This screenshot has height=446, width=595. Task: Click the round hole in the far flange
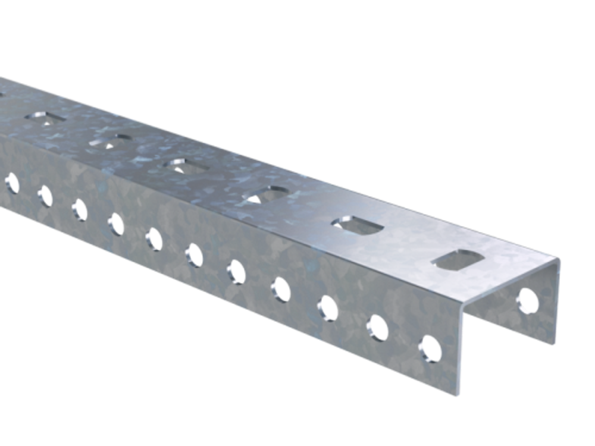(x=528, y=301)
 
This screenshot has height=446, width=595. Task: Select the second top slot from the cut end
(x=353, y=225)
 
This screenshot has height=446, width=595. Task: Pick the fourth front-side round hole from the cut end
(x=280, y=289)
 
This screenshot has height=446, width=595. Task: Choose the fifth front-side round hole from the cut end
(x=236, y=272)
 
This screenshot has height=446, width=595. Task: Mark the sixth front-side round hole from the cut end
(x=194, y=255)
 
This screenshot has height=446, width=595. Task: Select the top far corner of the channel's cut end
(x=560, y=260)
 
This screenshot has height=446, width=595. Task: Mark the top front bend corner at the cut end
(x=463, y=301)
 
